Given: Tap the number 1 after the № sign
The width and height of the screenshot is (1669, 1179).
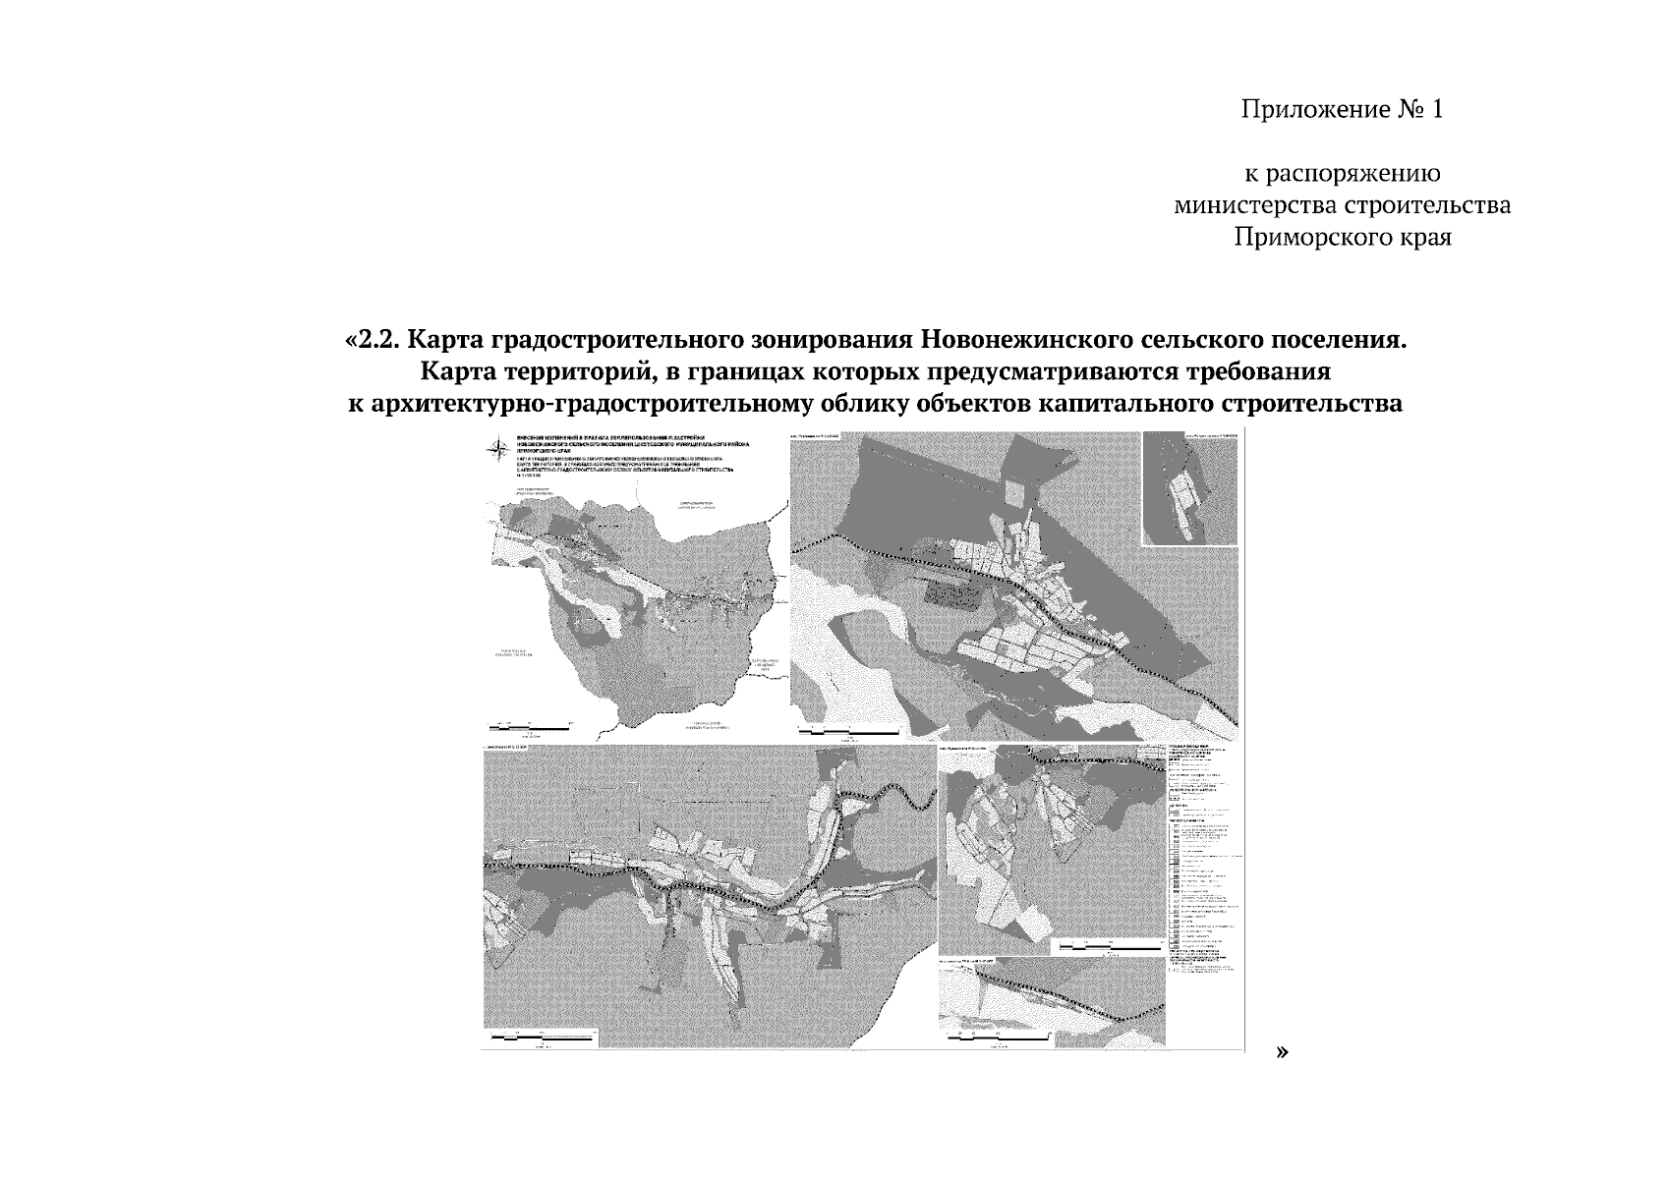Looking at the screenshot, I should [x=1436, y=109].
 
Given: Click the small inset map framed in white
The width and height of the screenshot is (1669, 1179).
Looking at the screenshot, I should [x=1189, y=488].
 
